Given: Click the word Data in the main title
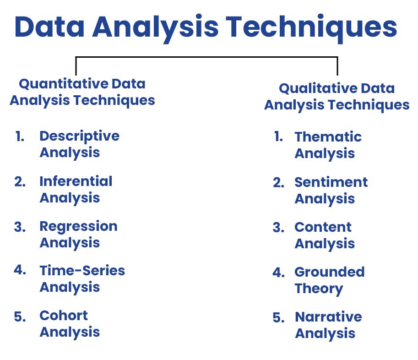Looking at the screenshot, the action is [x=49, y=27].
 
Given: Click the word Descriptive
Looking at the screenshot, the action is [x=80, y=137].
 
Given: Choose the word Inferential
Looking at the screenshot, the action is [x=76, y=181].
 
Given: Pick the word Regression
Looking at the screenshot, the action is [x=78, y=227].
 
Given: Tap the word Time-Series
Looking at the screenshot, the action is [x=82, y=271].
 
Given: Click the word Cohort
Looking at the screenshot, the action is [x=64, y=316].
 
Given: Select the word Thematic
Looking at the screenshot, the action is [x=328, y=137].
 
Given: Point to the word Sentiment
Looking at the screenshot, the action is [x=331, y=182].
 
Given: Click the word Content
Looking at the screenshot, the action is [x=323, y=228].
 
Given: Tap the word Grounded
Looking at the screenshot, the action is [x=330, y=272].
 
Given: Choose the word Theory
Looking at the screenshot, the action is [x=319, y=289].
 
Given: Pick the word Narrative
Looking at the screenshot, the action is [x=328, y=317].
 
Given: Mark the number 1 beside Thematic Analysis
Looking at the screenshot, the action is [x=278, y=136].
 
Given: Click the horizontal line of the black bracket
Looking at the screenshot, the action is [x=206, y=57].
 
